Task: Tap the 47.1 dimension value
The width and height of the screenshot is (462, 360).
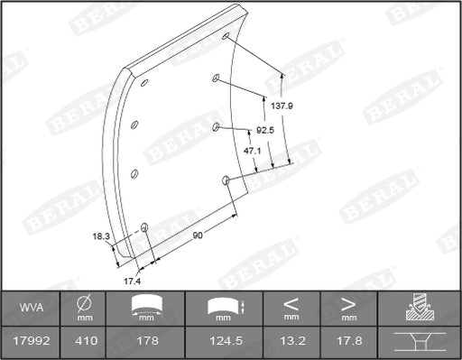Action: coord(253,151)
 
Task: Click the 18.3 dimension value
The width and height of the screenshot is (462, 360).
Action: coord(100,236)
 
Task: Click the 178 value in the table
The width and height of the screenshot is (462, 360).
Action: coord(145,343)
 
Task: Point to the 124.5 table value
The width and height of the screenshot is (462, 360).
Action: coord(223,343)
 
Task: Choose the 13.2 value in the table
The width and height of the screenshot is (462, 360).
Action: coord(291,343)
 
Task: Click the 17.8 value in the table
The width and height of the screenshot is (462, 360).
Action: coord(346,343)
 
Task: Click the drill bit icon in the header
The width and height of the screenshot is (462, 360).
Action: coord(419,308)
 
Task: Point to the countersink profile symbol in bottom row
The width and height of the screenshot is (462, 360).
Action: coord(419,343)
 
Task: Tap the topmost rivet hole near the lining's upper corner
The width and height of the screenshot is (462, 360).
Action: coord(226,38)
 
